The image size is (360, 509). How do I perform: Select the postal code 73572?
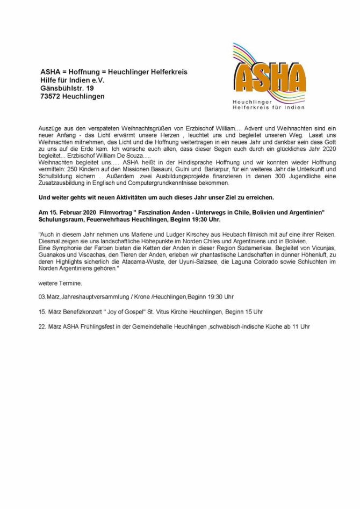(50, 96)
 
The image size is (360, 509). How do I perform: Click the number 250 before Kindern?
(69, 168)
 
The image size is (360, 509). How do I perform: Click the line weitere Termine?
(60, 282)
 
